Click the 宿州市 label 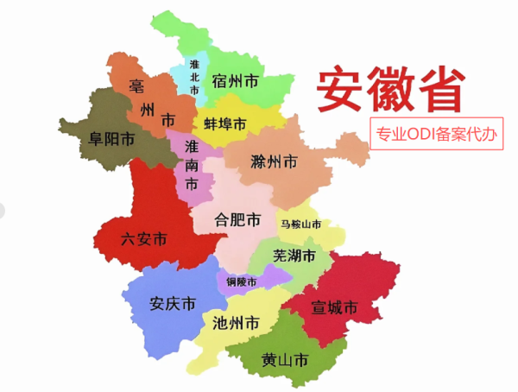point(235,83)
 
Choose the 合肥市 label point(237,220)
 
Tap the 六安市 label point(144,239)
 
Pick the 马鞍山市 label point(300,224)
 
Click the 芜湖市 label point(294,256)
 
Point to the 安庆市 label point(172,304)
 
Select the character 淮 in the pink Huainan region point(191,147)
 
